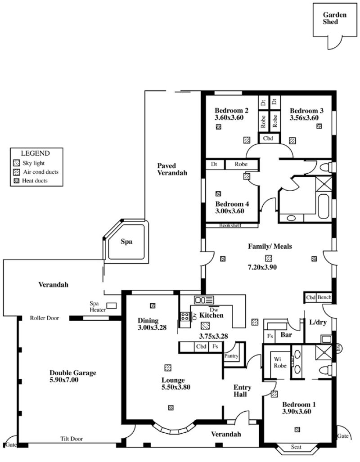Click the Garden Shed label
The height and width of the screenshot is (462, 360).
(x=334, y=18)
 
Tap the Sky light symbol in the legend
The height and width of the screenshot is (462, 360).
(x=17, y=163)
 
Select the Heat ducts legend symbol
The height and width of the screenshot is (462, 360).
(x=17, y=180)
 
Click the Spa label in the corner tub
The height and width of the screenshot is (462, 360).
(x=126, y=242)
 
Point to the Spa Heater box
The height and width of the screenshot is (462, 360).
(x=112, y=305)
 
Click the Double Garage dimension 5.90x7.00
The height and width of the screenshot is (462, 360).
(x=64, y=380)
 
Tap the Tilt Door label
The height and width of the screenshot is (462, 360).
(x=72, y=439)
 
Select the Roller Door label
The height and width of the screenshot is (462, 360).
(x=45, y=318)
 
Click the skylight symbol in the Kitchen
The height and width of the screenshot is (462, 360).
(x=205, y=326)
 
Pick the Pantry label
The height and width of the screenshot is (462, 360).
(x=231, y=356)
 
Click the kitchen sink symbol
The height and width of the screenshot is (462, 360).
(x=204, y=300)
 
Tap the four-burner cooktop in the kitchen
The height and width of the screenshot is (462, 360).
(x=185, y=317)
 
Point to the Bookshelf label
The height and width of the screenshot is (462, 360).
(x=230, y=225)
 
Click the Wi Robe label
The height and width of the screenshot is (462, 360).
(x=280, y=363)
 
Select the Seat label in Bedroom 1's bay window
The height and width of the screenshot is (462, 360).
(x=296, y=447)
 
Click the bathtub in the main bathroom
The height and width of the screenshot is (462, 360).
(x=324, y=206)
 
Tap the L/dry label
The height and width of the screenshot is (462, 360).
(x=318, y=323)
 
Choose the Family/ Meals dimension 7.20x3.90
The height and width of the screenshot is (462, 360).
(x=262, y=267)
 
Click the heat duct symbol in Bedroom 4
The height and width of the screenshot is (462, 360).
(x=218, y=193)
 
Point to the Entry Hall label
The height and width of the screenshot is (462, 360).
(x=242, y=390)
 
